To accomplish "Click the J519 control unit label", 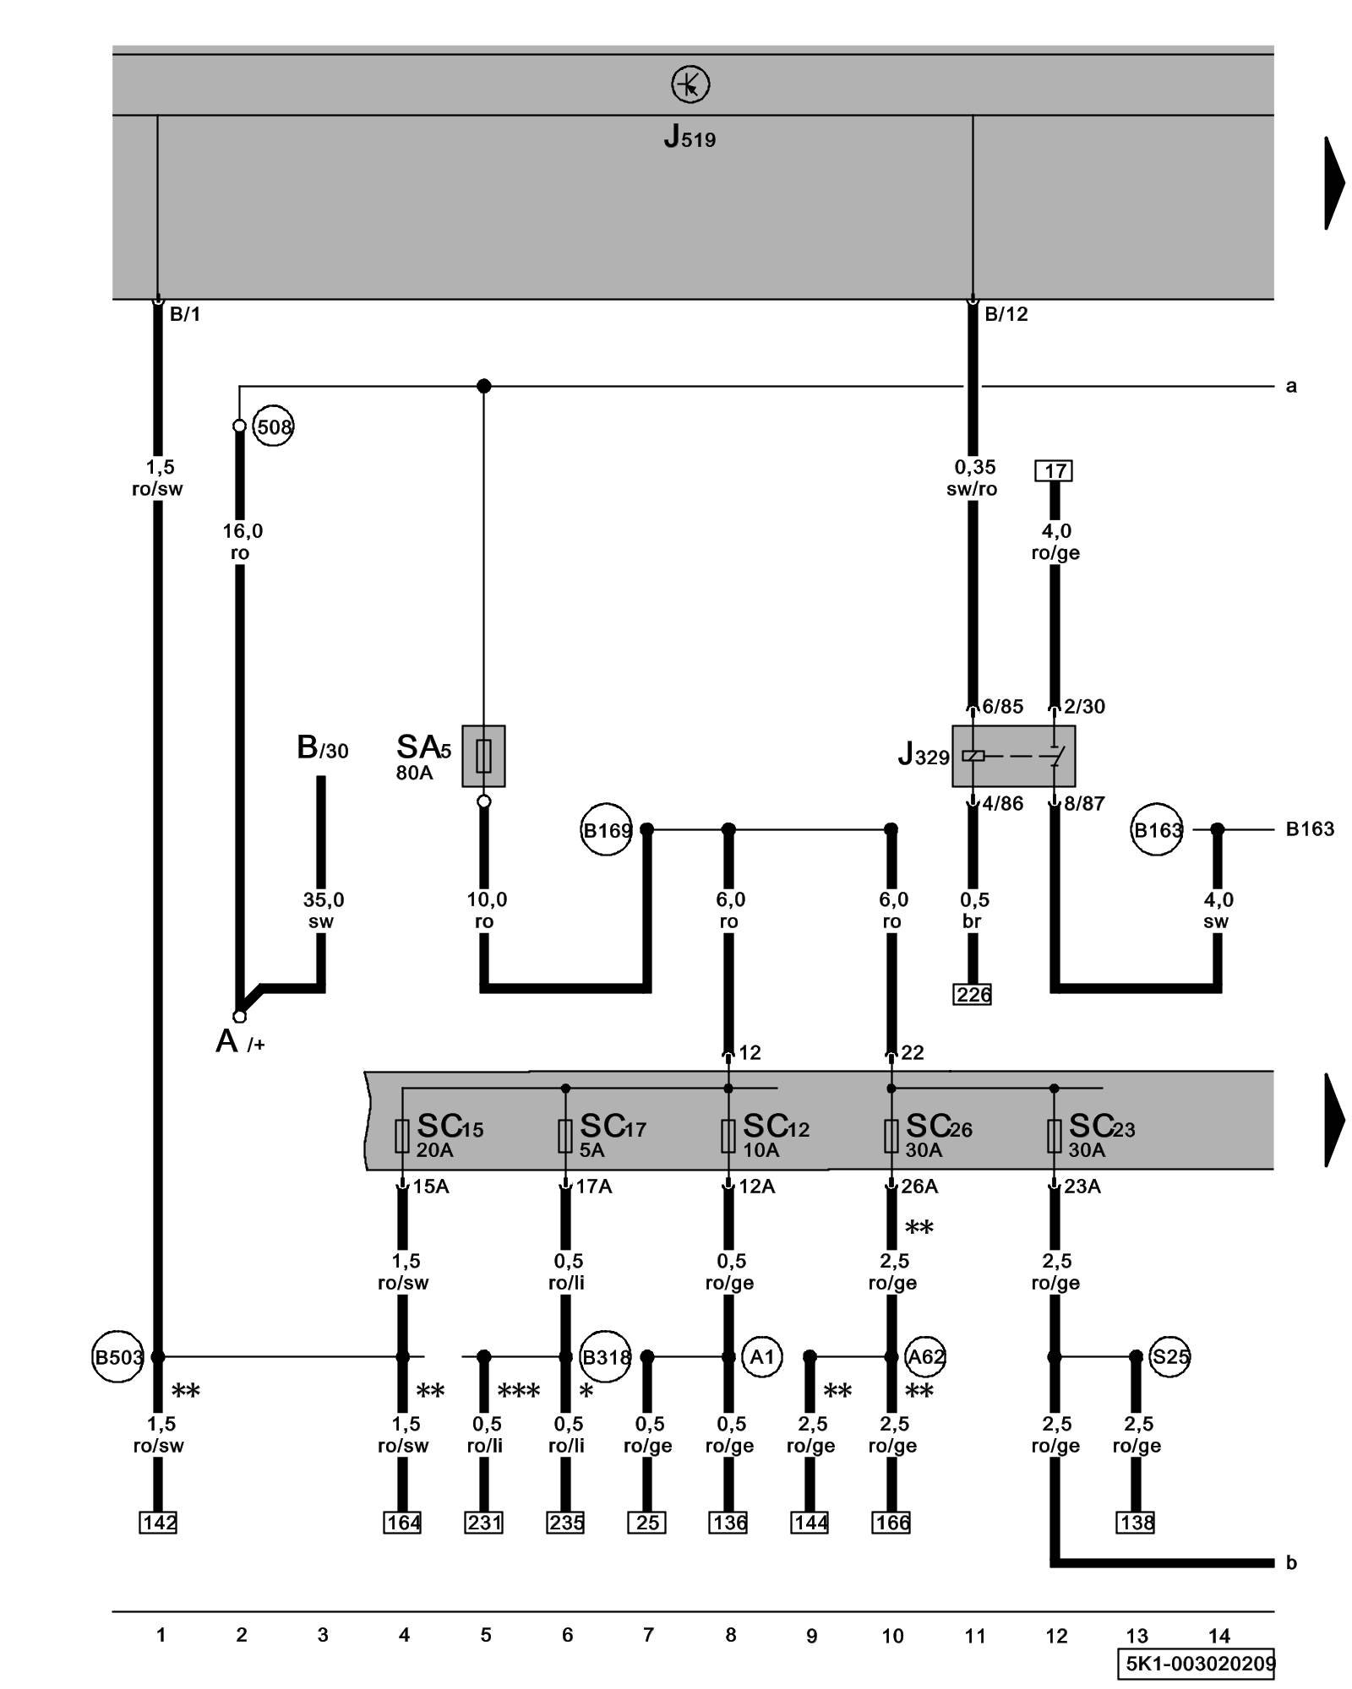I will [690, 137].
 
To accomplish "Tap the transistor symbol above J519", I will [690, 85].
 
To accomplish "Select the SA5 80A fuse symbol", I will [483, 756].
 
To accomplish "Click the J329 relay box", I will [1013, 756].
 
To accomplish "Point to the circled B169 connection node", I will [606, 830].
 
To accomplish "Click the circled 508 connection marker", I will [273, 426].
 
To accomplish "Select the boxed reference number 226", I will [973, 995].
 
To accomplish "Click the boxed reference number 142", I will [158, 1523].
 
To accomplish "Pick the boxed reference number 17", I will [1054, 470].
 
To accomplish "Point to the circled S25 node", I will [1170, 1357].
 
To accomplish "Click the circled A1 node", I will [762, 1357].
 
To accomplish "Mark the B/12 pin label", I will [1006, 314].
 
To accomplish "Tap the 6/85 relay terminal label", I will [1002, 706].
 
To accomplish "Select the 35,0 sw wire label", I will [323, 910].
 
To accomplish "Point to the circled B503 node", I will [117, 1357].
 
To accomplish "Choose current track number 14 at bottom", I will [1218, 1636].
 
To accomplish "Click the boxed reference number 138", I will [1136, 1523].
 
